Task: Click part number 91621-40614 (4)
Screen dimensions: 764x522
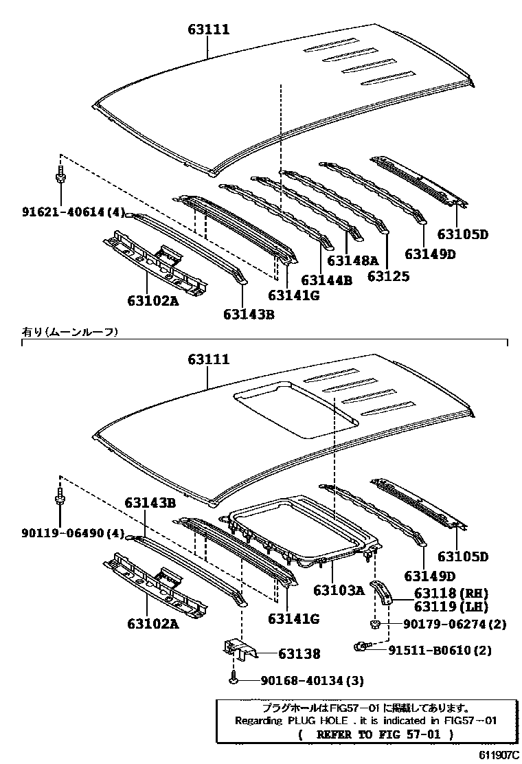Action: pos(64,214)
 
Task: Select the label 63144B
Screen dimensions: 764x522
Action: pos(326,280)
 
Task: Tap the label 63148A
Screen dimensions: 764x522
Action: pos(352,260)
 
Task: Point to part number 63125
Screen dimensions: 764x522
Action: pos(388,276)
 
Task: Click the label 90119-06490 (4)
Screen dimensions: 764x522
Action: pos(64,533)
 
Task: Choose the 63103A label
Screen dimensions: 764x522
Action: pos(339,589)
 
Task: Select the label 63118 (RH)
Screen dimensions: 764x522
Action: pos(450,592)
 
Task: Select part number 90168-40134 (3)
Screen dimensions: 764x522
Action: pos(312,680)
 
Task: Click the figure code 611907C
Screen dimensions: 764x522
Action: pos(495,754)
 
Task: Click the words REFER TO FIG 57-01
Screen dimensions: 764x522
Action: pos(376,734)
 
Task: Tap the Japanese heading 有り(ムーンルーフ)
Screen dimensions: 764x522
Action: pos(69,332)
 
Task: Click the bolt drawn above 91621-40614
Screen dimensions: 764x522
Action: pos(60,175)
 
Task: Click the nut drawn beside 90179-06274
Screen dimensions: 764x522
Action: pos(376,624)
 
